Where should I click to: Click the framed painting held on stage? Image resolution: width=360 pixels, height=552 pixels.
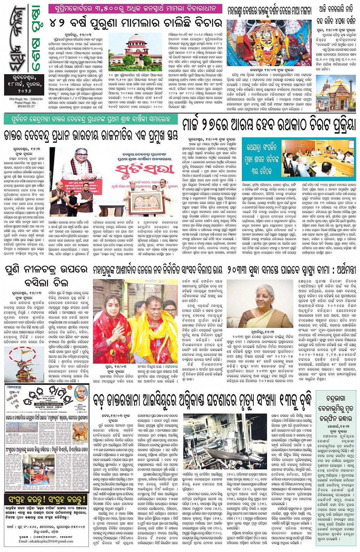[x=147, y=198]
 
